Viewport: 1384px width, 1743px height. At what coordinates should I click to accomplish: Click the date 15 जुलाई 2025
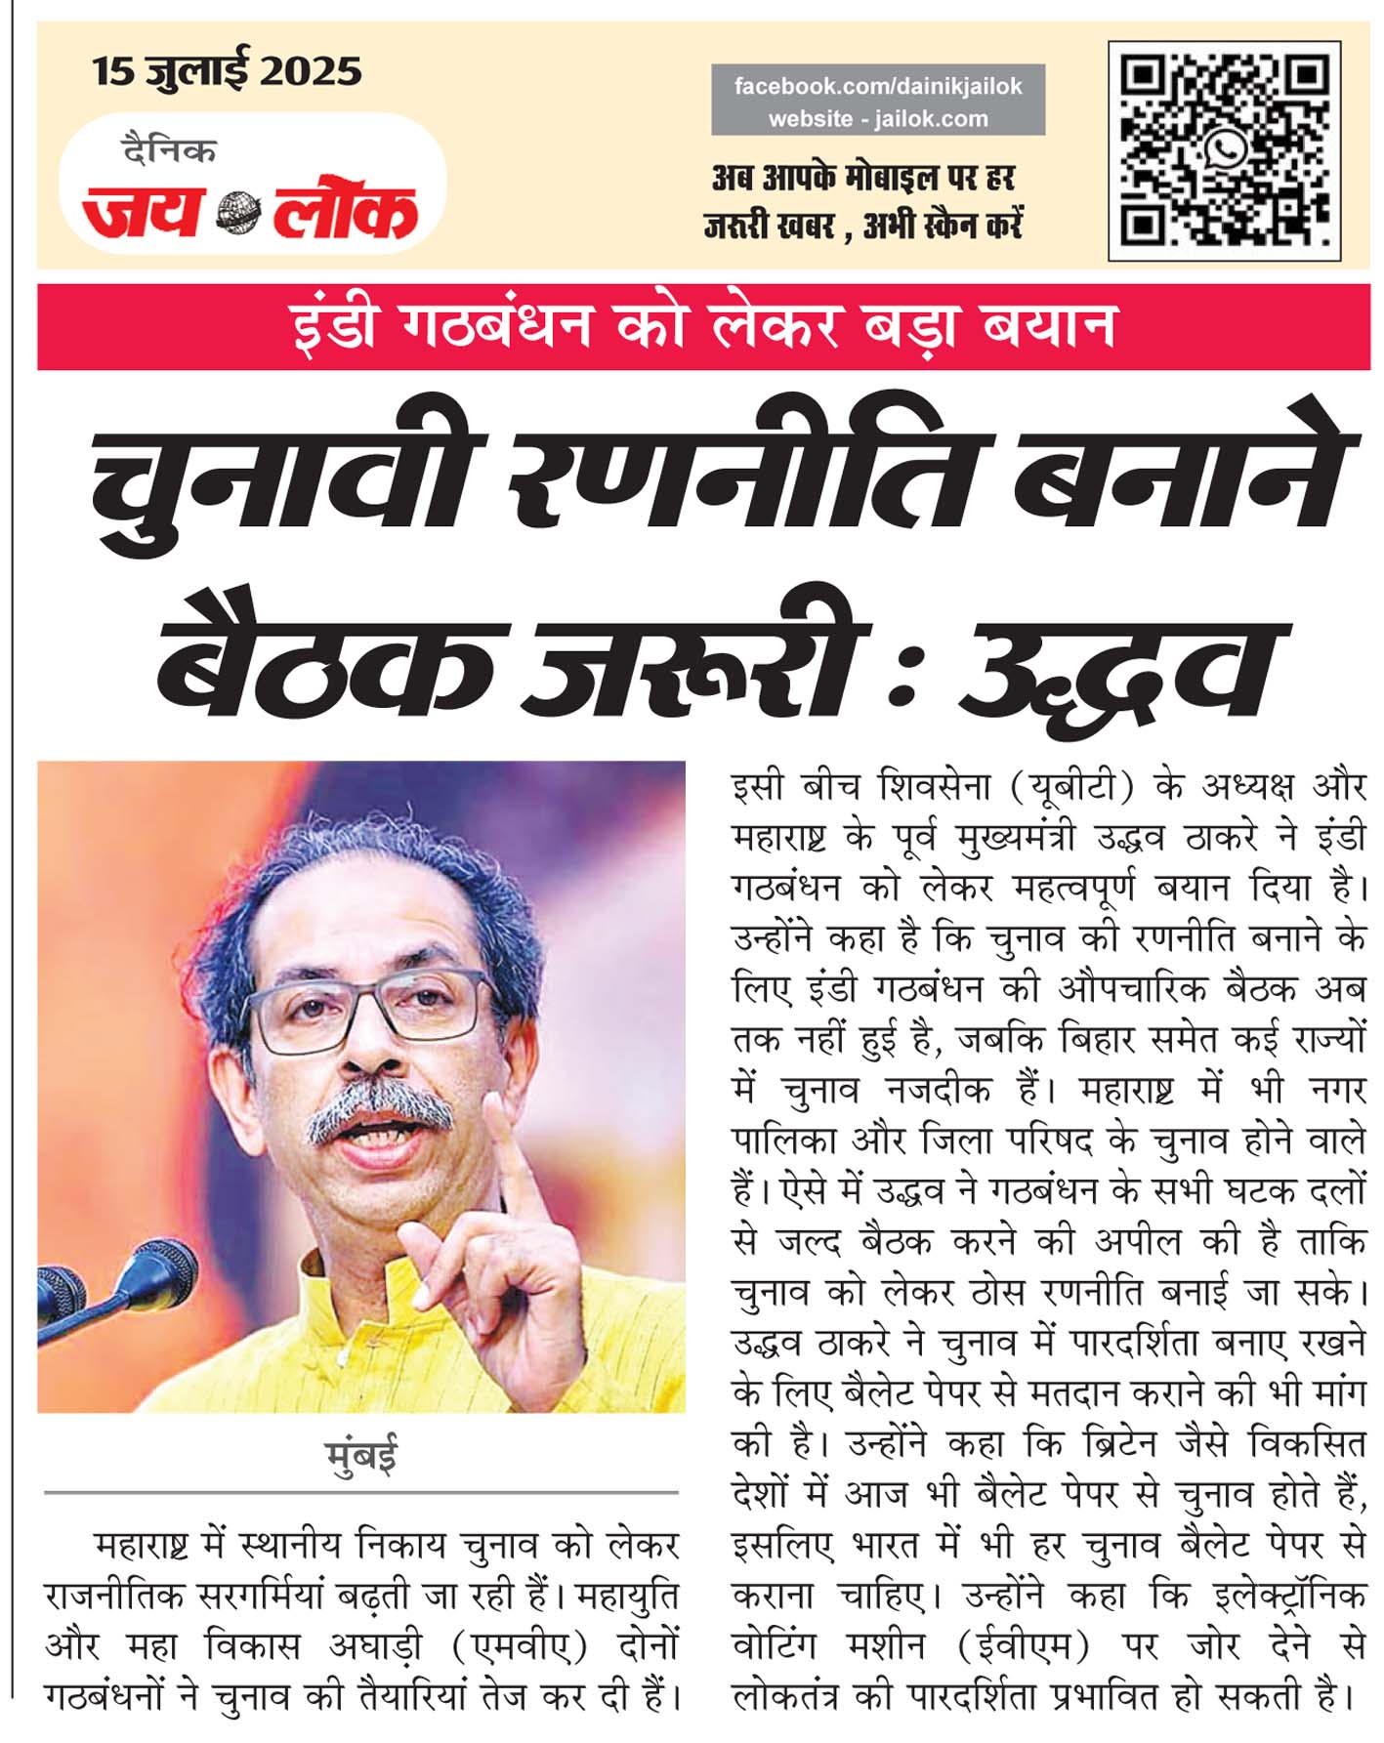[x=227, y=71]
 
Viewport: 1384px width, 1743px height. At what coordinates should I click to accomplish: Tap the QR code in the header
[x=1224, y=150]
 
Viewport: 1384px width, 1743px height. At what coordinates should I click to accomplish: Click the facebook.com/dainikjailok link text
[x=877, y=86]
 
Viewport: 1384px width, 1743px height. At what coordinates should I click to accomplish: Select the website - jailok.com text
[x=877, y=119]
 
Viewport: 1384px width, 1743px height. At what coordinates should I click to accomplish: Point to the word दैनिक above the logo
[x=168, y=150]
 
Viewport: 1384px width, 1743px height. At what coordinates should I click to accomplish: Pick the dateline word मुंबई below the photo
[x=361, y=1456]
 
